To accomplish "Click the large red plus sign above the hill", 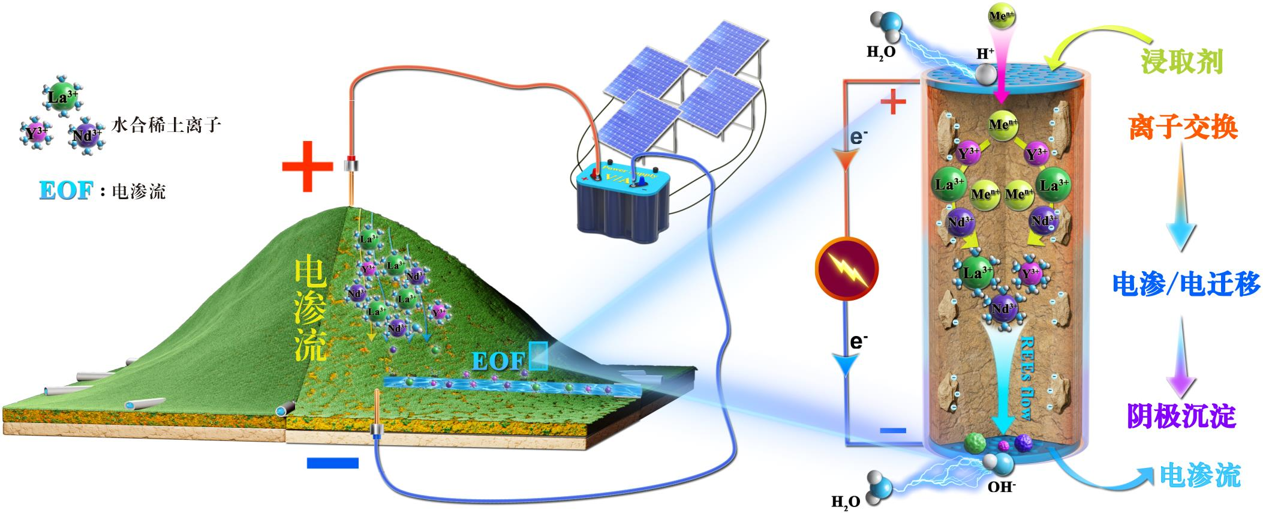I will point(307,167).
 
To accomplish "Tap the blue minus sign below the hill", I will point(332,463).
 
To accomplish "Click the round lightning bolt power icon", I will point(846,269).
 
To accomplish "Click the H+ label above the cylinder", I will point(985,54).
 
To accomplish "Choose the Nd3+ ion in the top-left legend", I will point(85,136).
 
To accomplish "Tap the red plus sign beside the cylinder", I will point(892,103).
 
